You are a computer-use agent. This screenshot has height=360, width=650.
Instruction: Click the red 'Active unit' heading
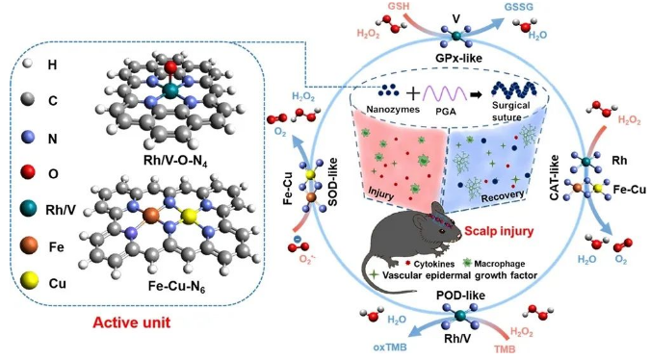pos(131,322)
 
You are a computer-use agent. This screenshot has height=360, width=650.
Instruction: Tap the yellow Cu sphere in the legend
pos(29,281)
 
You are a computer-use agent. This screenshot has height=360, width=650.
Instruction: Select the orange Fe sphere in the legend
pos(29,245)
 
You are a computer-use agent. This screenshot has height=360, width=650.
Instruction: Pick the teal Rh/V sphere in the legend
pos(29,208)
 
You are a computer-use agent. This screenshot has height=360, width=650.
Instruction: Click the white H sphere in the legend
pos(27,64)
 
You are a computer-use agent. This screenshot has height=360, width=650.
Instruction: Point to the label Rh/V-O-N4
pos(175,160)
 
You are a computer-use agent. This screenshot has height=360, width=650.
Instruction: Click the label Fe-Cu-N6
pos(176,286)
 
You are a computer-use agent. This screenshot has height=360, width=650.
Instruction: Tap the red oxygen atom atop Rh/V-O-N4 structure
pos(169,67)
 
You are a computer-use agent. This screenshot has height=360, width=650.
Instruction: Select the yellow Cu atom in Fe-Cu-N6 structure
pos(188,216)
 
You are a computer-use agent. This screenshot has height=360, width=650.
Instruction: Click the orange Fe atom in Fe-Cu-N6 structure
pos(150,216)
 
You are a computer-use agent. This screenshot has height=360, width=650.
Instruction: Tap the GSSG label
pos(519,7)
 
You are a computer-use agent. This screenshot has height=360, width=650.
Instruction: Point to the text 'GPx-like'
pos(458,58)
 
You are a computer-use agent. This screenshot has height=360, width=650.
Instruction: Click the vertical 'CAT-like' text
pos(555,178)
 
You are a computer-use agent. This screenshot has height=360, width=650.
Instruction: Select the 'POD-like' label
pos(460,296)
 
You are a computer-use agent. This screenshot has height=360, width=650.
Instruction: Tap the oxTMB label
pos(390,347)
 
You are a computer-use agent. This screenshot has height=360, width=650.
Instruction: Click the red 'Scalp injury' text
pos(499,231)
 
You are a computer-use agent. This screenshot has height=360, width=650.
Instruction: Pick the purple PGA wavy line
pos(444,93)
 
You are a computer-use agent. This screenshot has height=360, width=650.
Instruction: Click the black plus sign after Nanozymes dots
pos(412,93)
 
